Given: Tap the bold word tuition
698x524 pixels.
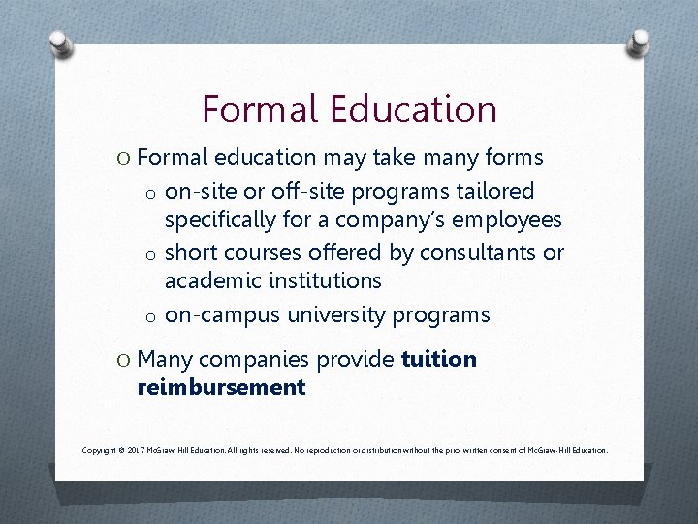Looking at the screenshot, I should pyautogui.click(x=438, y=359).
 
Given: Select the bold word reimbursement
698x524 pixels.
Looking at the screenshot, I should pyautogui.click(x=222, y=387).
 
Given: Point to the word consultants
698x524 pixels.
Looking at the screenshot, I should pyautogui.click(x=463, y=252).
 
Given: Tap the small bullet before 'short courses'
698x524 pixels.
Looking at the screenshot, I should pyautogui.click(x=151, y=254).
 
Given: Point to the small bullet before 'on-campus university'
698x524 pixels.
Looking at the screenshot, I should pyautogui.click(x=151, y=317).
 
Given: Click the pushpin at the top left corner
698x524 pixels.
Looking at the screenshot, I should pyautogui.click(x=57, y=46).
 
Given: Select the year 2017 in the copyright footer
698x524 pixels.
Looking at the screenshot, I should pyautogui.click(x=135, y=450).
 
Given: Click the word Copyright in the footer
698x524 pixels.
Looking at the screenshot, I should pyautogui.click(x=100, y=450).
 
